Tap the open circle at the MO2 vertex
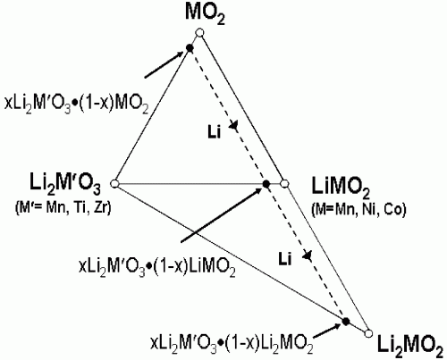click(200, 32)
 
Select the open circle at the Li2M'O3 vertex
click(114, 184)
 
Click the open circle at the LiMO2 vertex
click(285, 184)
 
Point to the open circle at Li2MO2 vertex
click(368, 332)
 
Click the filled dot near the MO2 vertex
click(190, 47)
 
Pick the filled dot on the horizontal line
click(266, 184)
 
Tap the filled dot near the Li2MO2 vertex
click(345, 322)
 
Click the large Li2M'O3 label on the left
click(65, 183)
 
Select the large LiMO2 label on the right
click(341, 188)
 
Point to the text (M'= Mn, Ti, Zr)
click(63, 207)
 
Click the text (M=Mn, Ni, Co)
click(358, 210)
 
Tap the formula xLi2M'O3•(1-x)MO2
click(76, 105)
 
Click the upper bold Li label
click(215, 131)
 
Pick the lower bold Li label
click(285, 259)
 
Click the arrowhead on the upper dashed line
click(234, 125)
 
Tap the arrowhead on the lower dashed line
click(308, 255)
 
